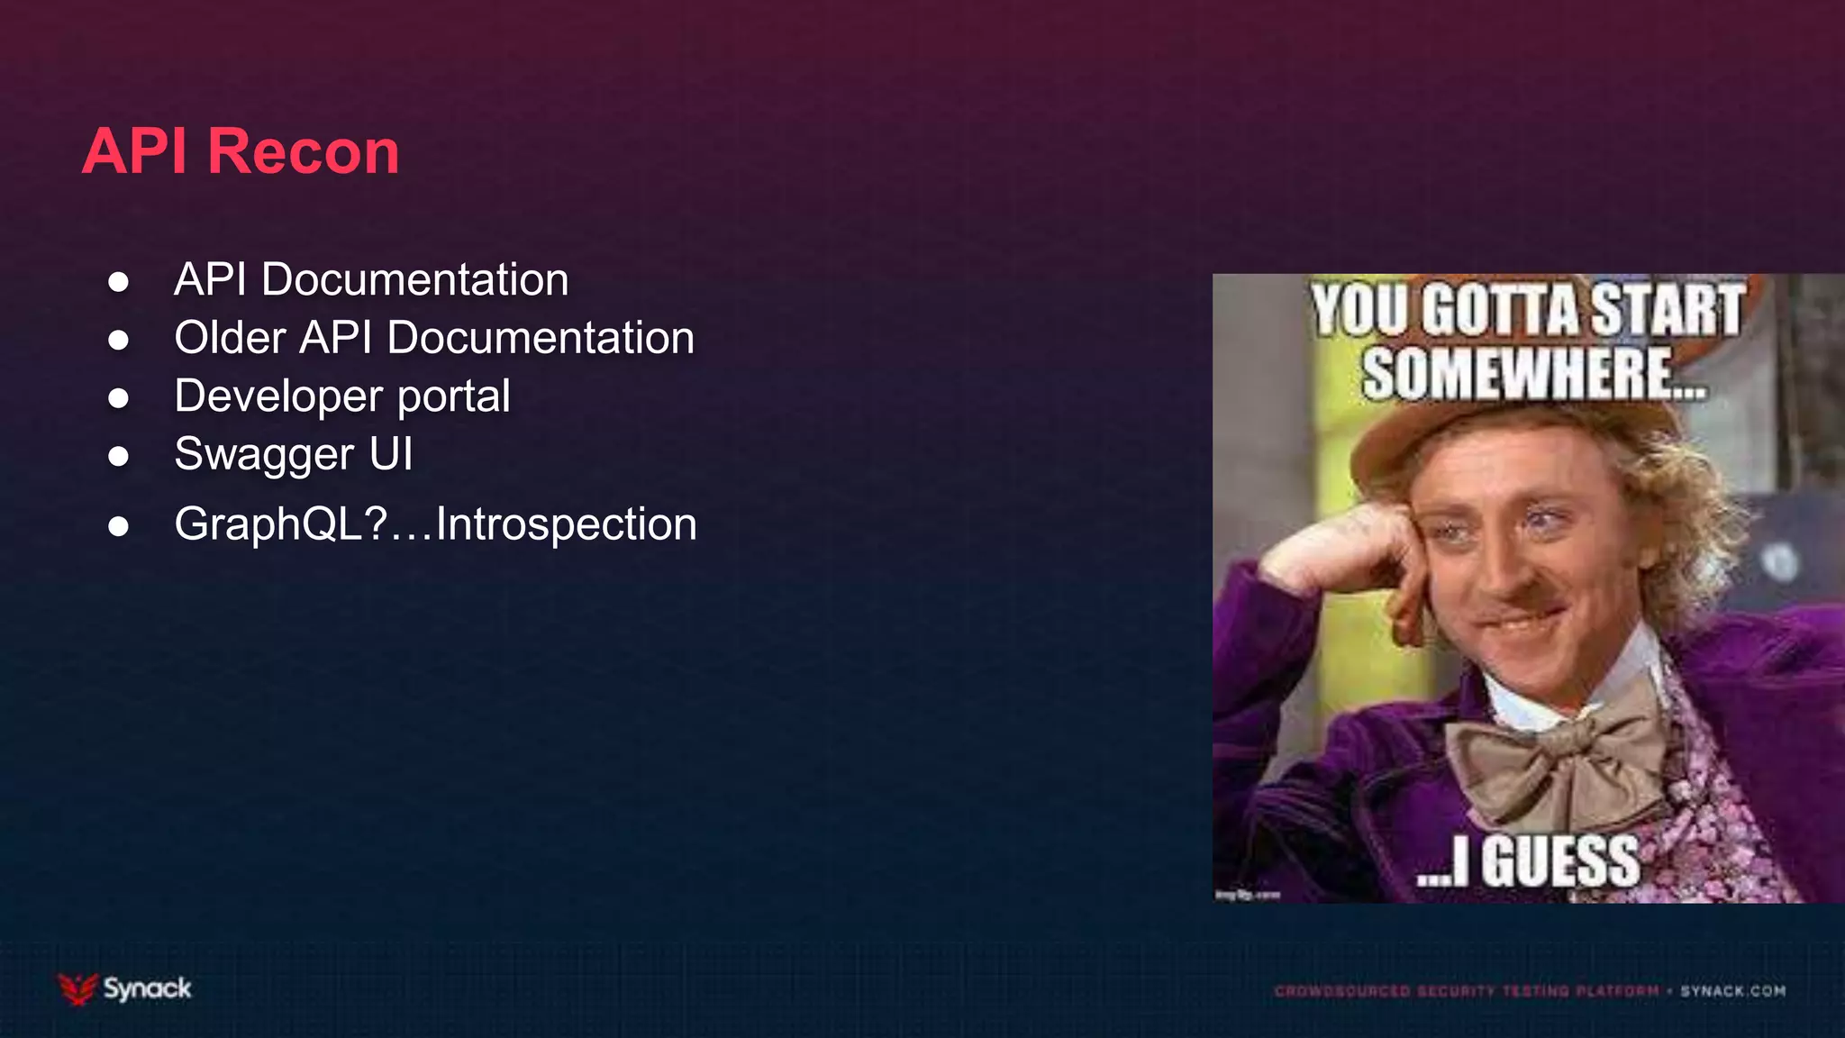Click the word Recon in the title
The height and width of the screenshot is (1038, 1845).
304,151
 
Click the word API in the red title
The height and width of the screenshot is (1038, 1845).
135,151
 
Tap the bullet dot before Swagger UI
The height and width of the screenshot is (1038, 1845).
118,456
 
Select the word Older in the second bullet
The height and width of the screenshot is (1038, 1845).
230,338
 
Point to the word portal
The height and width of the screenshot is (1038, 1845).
454,396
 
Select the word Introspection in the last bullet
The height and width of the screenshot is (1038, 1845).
566,524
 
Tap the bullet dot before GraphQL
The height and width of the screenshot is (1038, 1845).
118,526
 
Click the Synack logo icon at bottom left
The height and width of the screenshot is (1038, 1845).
77,988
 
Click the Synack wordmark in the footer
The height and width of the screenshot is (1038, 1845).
147,988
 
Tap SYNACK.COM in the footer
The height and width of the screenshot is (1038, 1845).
1732,991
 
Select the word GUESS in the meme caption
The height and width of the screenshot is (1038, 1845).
1560,861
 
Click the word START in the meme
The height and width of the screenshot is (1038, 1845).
1667,310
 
